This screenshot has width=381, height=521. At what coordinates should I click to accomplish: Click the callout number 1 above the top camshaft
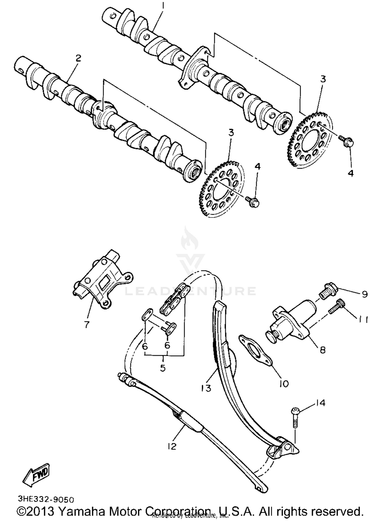click(x=163, y=6)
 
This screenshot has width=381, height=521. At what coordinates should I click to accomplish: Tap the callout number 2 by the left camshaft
click(x=78, y=58)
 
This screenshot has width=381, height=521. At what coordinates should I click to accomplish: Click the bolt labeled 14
click(x=295, y=417)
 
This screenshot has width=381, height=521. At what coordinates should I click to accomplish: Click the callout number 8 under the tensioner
click(x=322, y=350)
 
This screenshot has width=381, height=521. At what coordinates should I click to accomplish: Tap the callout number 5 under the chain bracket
click(x=163, y=368)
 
